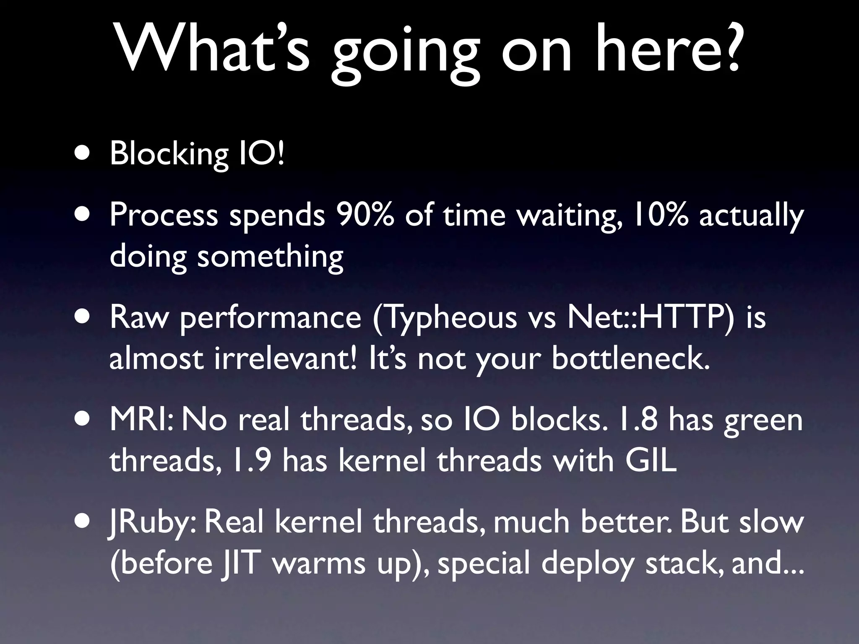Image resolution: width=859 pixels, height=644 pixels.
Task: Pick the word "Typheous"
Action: click(x=445, y=318)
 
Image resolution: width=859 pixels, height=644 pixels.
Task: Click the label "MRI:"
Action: click(x=141, y=420)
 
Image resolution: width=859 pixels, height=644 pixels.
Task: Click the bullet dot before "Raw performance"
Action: click(x=82, y=317)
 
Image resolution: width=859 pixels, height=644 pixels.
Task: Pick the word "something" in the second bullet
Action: click(x=270, y=257)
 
